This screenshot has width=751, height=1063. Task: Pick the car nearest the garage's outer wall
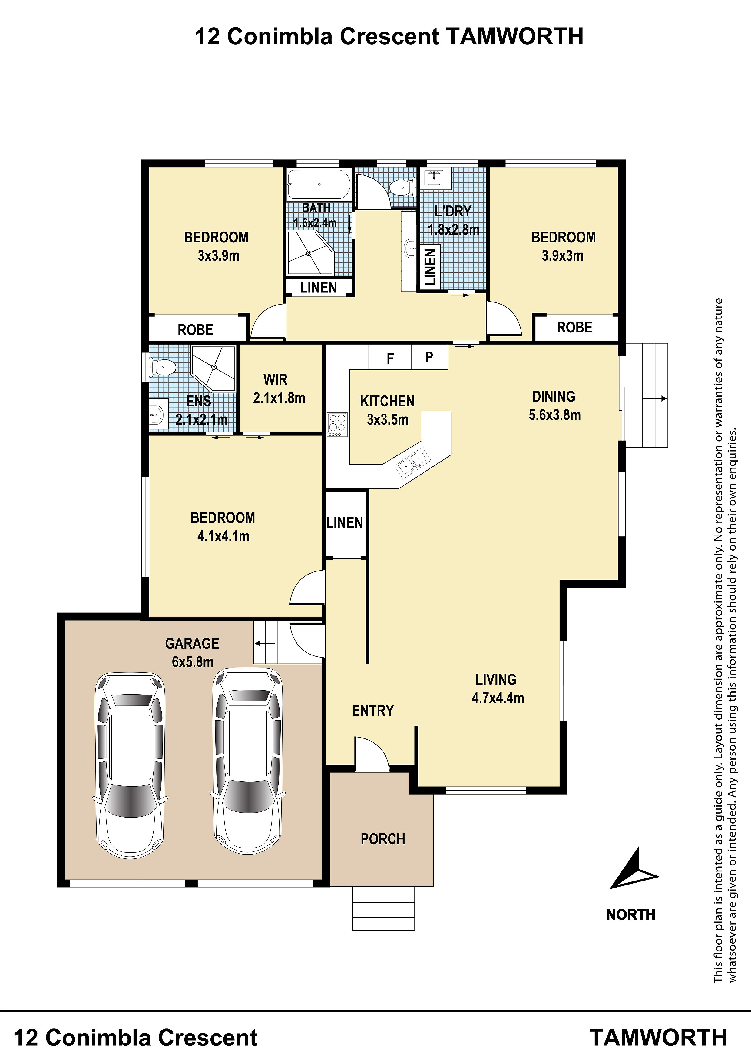(x=130, y=765)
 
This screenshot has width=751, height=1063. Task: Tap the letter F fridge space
(x=390, y=358)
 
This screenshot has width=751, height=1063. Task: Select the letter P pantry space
(x=429, y=357)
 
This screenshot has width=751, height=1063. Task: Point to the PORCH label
(x=383, y=839)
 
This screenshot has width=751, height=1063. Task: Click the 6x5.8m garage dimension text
(x=193, y=661)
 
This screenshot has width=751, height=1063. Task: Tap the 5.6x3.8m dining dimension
(x=555, y=415)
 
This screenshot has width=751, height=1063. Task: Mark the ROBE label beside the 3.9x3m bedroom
(x=575, y=327)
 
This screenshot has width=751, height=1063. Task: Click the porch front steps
(x=384, y=908)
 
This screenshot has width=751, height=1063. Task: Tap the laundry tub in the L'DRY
(x=435, y=178)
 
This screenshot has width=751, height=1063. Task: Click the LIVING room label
(x=496, y=680)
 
